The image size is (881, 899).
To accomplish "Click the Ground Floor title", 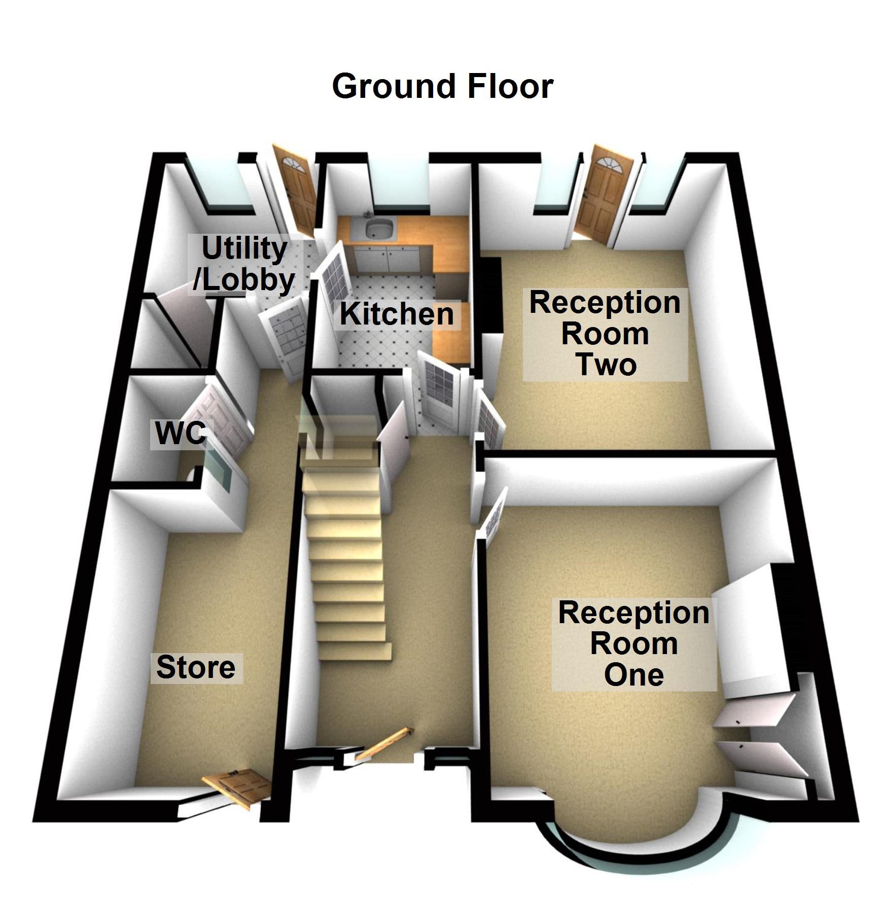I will pyautogui.click(x=442, y=86).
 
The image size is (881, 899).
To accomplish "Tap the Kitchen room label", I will pyautogui.click(x=397, y=314).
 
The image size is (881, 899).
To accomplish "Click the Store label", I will pyautogui.click(x=196, y=667).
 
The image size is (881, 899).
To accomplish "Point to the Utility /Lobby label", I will pyautogui.click(x=244, y=264).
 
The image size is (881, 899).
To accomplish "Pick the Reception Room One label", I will pyautogui.click(x=633, y=644).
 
